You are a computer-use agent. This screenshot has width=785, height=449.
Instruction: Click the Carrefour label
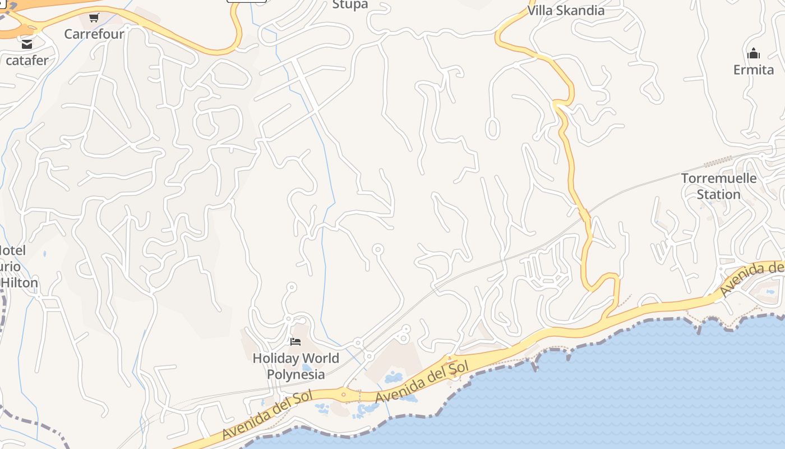(94, 34)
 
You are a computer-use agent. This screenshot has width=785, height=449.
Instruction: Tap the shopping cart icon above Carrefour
(94, 18)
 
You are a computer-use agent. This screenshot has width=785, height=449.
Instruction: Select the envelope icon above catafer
(26, 44)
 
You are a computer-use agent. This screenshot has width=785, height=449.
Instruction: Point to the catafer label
(27, 59)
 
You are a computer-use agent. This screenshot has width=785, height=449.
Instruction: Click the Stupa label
(350, 4)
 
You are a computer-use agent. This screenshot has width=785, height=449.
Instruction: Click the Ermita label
(754, 70)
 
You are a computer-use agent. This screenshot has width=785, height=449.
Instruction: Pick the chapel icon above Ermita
(754, 54)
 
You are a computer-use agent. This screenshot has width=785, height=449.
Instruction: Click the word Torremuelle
(719, 178)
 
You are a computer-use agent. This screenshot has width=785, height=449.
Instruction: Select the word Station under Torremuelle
(719, 194)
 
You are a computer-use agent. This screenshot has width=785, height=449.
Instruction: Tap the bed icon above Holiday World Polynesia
(295, 342)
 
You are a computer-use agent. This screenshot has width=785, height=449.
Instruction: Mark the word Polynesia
(295, 374)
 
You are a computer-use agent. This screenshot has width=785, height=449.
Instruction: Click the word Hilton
(19, 282)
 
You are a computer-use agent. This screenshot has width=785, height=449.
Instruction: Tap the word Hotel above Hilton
(12, 250)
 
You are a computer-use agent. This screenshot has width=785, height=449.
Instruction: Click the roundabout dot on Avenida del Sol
(344, 395)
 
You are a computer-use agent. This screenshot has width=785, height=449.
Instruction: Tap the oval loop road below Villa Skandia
(492, 128)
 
